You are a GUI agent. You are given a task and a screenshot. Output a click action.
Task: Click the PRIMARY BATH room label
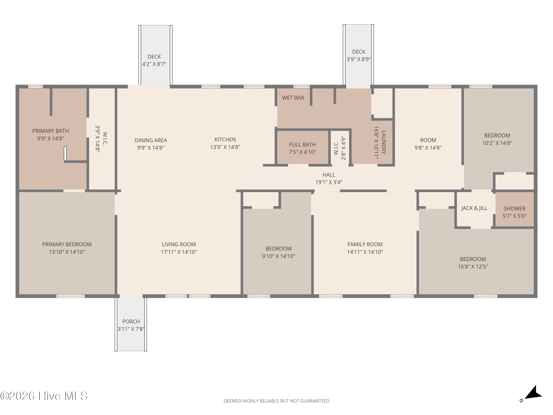tap(51, 131)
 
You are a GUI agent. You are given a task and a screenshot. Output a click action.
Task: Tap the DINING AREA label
tap(151, 140)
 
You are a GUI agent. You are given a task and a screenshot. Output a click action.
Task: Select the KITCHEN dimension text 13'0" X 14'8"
tap(225, 147)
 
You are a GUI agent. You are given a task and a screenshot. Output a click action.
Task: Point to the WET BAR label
tap(293, 98)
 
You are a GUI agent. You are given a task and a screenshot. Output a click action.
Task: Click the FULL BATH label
tap(302, 145)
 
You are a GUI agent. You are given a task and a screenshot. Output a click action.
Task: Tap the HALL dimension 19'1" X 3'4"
tap(329, 182)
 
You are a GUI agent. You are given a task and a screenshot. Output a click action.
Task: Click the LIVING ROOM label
tap(179, 244)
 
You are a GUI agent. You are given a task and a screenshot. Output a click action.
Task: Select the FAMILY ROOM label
tap(365, 244)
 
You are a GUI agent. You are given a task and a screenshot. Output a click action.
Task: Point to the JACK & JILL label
tap(474, 208)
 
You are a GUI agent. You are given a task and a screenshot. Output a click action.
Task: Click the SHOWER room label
tap(514, 208)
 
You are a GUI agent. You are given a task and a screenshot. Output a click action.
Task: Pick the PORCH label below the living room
tap(131, 321)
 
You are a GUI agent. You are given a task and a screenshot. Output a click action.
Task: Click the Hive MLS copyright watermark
tap(44, 396)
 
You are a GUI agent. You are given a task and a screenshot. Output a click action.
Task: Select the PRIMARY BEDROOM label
tap(67, 244)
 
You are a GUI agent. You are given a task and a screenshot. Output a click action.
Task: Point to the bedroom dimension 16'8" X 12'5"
tap(473, 267)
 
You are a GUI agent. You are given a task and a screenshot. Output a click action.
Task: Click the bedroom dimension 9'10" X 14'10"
tap(279, 256)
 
